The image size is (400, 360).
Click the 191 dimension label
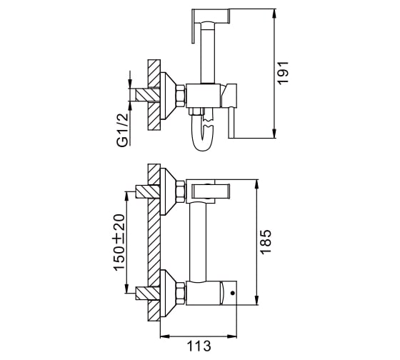pos(283,73)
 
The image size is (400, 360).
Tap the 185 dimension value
pos(266,242)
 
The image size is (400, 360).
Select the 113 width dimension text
pos(199,346)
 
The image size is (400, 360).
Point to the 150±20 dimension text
pos(119,242)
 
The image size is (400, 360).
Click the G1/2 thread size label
pos(122,130)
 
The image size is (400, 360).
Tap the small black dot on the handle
pos(232,293)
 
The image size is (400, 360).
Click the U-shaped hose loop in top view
pos(203,133)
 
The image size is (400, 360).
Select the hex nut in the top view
pos(180,96)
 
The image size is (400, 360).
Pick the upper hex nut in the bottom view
pos(180,191)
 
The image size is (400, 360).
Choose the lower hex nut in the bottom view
pos(180,293)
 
